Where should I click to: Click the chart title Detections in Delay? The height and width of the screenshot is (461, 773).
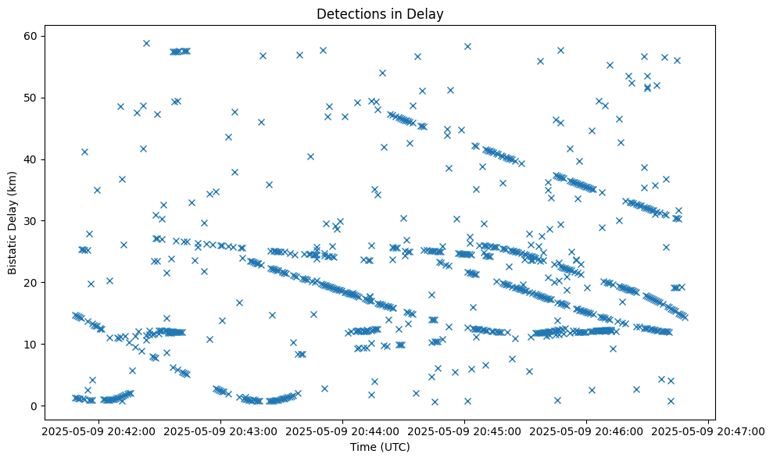click(x=379, y=13)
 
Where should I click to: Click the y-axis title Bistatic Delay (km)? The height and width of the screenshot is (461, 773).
click(x=13, y=222)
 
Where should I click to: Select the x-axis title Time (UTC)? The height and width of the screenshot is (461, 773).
click(x=379, y=448)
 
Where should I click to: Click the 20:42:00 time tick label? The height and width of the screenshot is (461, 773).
click(x=99, y=431)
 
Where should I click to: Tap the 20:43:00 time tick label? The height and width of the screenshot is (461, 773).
click(x=221, y=431)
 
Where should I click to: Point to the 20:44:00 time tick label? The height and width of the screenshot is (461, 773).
click(x=343, y=431)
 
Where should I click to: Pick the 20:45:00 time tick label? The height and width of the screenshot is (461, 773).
click(x=465, y=431)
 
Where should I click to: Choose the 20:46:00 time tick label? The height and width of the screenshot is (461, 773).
click(x=587, y=431)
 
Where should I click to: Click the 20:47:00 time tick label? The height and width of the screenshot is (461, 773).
click(x=709, y=431)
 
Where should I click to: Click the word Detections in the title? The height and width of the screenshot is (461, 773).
click(x=351, y=13)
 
